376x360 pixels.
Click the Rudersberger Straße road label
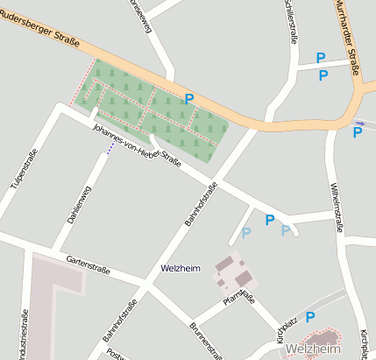tap(39, 28)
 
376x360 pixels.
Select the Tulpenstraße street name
tap(24, 169)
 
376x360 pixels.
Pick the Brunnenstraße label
tap(206, 341)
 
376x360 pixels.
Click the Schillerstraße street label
tap(287, 20)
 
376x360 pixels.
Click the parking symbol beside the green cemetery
tap(188, 100)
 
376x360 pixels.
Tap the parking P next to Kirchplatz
tap(310, 317)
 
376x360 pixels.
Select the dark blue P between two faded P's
tap(270, 220)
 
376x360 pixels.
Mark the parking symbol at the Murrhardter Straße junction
tap(358, 132)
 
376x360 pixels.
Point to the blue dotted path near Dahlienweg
tap(110, 150)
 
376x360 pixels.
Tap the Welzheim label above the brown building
tap(180, 267)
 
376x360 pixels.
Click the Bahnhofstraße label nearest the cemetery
tap(201, 204)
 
